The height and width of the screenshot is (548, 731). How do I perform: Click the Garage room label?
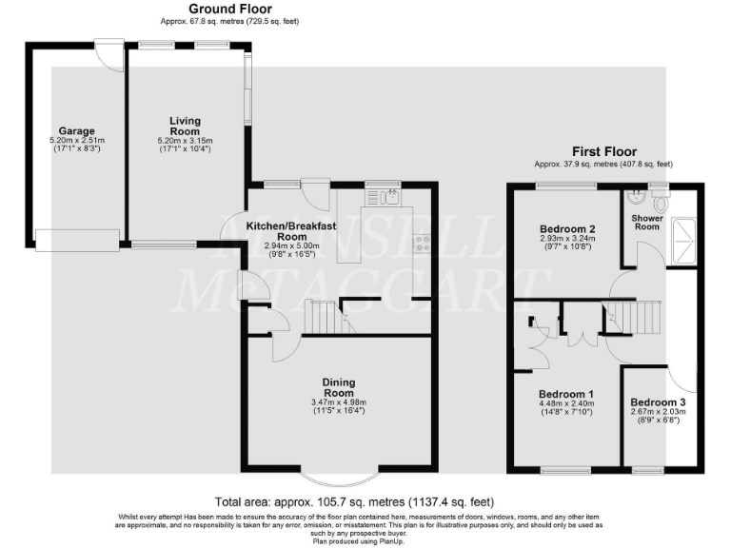click(75, 131)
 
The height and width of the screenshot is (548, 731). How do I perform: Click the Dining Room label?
click(339, 387)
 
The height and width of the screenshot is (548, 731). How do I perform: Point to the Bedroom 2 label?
click(567, 229)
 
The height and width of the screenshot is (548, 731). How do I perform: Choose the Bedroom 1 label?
click(566, 394)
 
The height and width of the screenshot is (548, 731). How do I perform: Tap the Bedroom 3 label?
click(657, 401)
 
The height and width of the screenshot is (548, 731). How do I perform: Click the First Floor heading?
click(603, 151)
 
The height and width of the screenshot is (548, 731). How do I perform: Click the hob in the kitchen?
click(420, 245)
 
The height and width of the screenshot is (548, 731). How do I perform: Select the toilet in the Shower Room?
click(662, 203)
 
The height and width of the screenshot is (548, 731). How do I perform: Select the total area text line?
click(354, 501)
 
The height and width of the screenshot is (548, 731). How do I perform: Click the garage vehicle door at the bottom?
click(77, 240)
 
